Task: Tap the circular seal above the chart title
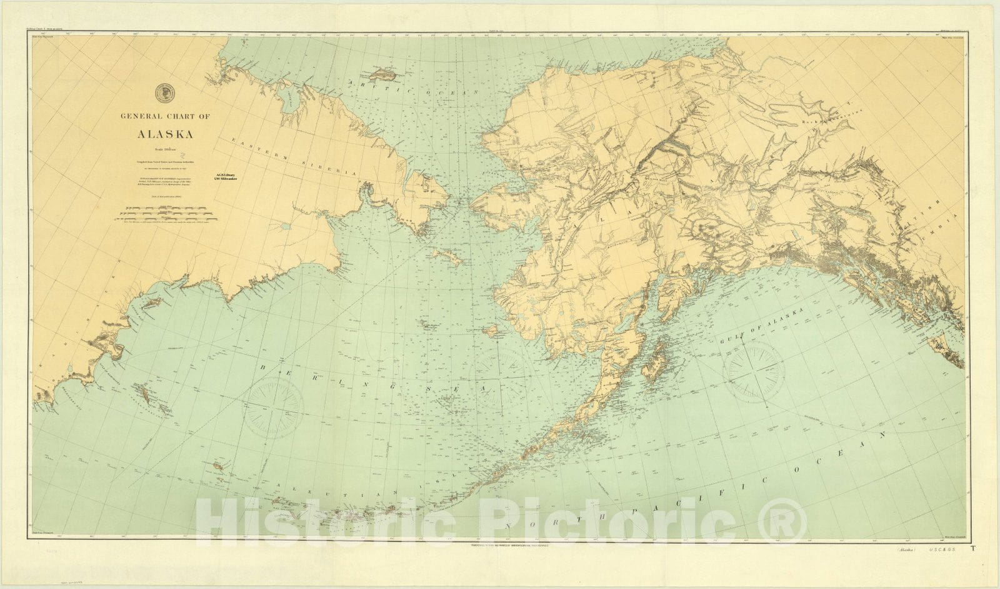(x=165, y=91)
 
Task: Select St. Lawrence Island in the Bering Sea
(x=446, y=256)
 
